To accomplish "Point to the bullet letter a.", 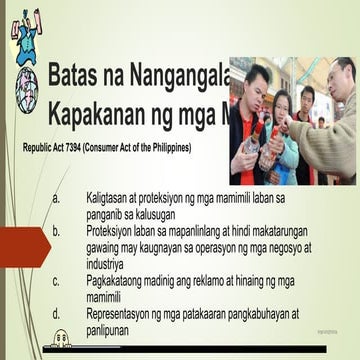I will click(x=57, y=199).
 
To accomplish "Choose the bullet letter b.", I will click(x=57, y=231).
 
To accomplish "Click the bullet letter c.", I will click(x=57, y=281).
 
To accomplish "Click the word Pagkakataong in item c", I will click(x=120, y=281).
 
